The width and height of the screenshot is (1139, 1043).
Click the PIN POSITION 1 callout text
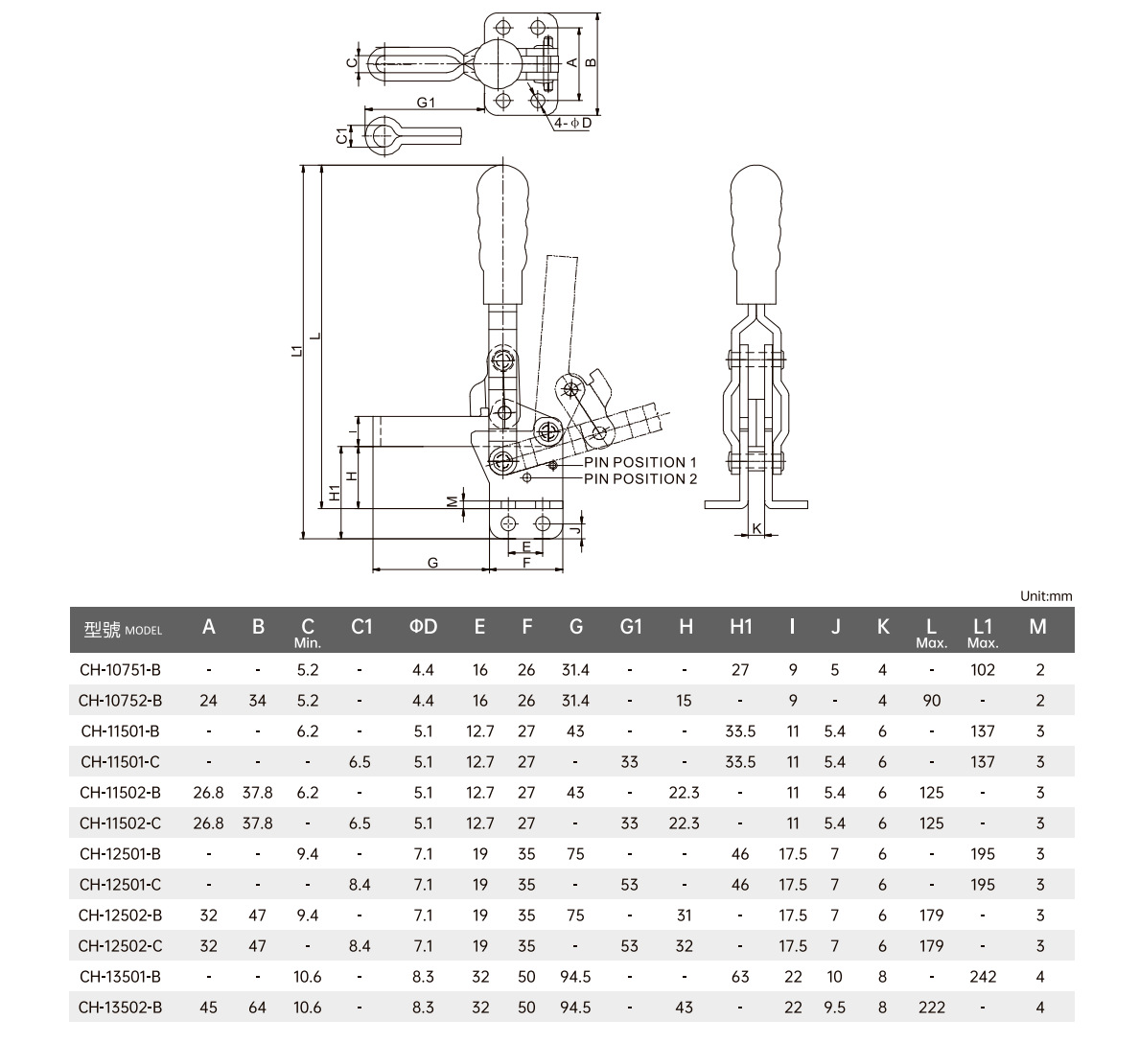pos(640,462)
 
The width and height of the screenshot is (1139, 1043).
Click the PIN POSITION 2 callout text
pos(640,478)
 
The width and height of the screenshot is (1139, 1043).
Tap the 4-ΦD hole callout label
pos(572,124)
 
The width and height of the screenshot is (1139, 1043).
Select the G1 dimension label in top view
pos(427,103)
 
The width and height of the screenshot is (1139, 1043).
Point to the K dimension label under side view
pos(756,528)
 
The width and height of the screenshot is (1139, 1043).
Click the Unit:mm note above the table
pos(1046,596)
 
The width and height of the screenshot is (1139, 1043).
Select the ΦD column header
pos(423,627)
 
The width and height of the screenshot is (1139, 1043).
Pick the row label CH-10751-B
pos(121,670)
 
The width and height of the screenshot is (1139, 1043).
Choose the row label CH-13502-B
pos(121,1008)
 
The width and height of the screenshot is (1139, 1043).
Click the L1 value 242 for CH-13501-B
pos(983,977)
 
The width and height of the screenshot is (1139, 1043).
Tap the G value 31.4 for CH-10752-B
pos(575,701)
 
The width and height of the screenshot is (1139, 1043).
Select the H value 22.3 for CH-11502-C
pos(685,823)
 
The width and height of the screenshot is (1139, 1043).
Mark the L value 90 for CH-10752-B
pos(931,701)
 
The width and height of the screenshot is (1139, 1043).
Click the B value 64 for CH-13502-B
pos(258,1008)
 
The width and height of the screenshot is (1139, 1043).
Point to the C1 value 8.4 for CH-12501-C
pos(360,885)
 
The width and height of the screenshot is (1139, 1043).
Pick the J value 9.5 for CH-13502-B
pos(835,1008)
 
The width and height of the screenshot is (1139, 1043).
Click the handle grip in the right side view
pos(757,230)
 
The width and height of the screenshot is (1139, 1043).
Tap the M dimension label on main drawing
pos(451,500)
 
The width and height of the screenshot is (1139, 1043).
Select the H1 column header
pos(740,627)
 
